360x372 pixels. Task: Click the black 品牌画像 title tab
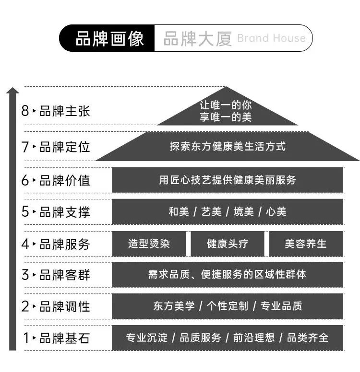[107, 38]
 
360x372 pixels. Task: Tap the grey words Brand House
[271, 38]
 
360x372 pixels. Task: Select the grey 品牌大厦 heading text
[197, 38]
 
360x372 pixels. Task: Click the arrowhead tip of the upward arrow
[12, 88]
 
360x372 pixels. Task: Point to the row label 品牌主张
[65, 111]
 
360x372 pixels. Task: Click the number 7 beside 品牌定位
[25, 147]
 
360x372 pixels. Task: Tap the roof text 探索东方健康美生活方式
[228, 146]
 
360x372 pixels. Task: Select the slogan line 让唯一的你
[226, 105]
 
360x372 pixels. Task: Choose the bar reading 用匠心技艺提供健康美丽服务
[228, 180]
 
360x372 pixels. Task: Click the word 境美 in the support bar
[243, 211]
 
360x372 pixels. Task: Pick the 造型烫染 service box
[149, 244]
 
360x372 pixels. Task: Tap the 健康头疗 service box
[228, 244]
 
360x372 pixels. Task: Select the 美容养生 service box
[306, 244]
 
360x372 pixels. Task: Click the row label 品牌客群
[65, 275]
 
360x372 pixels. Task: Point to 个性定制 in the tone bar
[228, 306]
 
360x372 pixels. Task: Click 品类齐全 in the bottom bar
[308, 337]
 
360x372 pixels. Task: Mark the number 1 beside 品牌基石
[26, 338]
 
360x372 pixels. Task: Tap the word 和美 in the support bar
[179, 211]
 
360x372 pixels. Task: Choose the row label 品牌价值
[65, 180]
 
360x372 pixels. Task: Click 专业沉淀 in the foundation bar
[146, 337]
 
